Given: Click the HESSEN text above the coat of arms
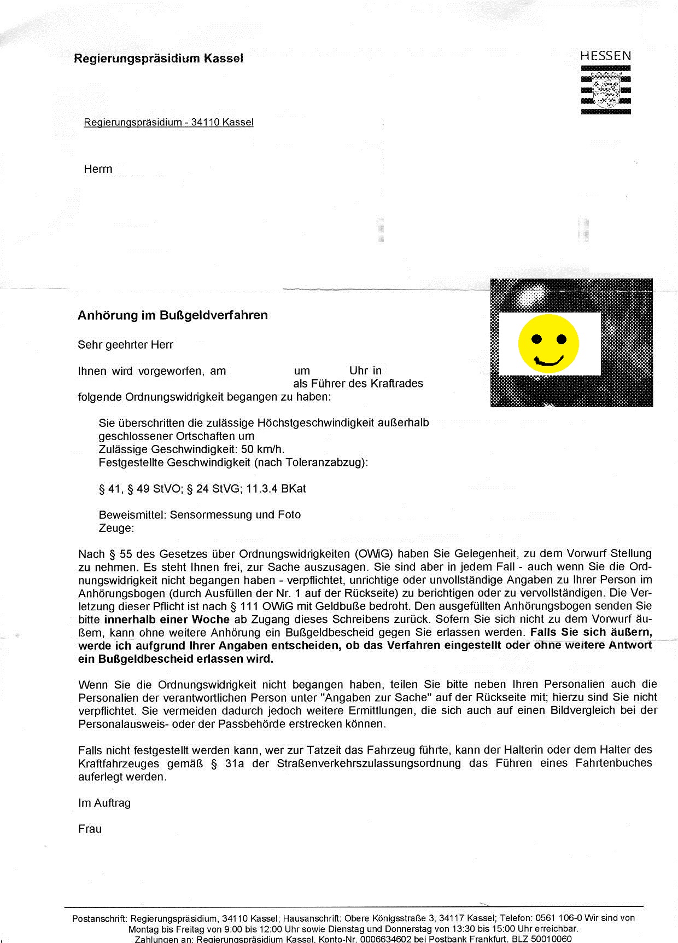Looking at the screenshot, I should point(605,56).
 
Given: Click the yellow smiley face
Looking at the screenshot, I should point(548,344).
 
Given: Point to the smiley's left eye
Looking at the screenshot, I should point(536,339).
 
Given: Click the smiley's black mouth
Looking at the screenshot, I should point(549,360).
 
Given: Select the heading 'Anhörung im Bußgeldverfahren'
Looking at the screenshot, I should point(173,315).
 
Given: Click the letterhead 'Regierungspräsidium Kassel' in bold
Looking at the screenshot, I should point(159,58).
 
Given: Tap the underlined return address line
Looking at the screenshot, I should point(168,123).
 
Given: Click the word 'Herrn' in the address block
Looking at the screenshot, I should point(98,169).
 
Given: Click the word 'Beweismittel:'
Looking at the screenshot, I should point(132,515).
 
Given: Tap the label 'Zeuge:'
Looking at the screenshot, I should point(116,528).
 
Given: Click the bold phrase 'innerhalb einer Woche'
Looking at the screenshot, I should point(167,620).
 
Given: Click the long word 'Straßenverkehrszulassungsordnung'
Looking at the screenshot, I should point(369,763).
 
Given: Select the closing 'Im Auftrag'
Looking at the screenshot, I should point(104,803).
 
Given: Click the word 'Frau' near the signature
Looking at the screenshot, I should point(90,829).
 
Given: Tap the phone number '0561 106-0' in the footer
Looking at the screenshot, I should point(559,918).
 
